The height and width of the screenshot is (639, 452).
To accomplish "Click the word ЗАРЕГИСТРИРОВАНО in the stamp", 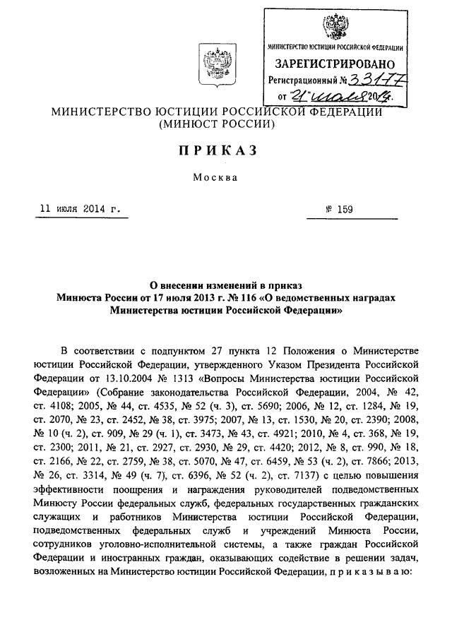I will click(x=335, y=64).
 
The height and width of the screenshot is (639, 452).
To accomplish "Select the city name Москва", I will click(x=218, y=177).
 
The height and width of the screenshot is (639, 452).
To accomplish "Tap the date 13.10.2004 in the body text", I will click(x=147, y=377).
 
